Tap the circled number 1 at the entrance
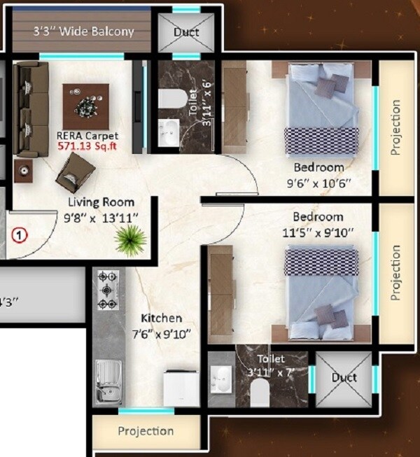pos(20,235)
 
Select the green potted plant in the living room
pos(129,242)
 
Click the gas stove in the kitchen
pos(107,290)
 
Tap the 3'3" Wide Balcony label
pos(83,31)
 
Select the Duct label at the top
pos(186,32)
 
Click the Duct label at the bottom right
pos(344,378)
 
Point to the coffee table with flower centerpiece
pos(86,106)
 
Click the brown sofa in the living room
pos(30,109)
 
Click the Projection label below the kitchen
pos(146,430)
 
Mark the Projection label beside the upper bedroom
pos(396,128)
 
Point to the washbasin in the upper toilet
pos(168,132)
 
